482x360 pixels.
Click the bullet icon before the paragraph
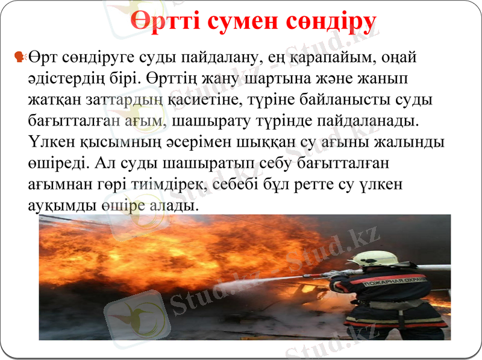coord(19,57)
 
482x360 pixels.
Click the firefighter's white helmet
coord(374,259)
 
